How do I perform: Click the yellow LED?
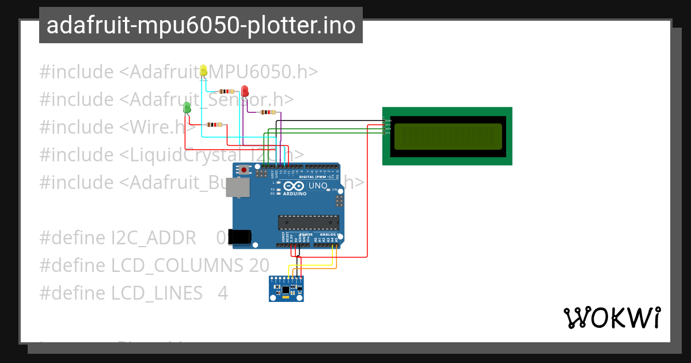pyautogui.click(x=203, y=71)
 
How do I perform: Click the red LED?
pyautogui.click(x=245, y=91)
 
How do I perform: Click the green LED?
pyautogui.click(x=187, y=107)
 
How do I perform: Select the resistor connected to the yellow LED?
pyautogui.click(x=227, y=91)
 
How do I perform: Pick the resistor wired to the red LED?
pyautogui.click(x=268, y=112)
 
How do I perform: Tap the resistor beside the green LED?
pyautogui.click(x=214, y=124)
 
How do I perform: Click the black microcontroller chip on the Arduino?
pyautogui.click(x=308, y=222)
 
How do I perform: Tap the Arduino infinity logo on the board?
pyautogui.click(x=292, y=187)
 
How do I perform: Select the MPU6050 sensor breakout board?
pyautogui.click(x=286, y=288)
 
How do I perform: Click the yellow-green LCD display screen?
pyautogui.click(x=447, y=136)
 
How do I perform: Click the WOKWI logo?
pyautogui.click(x=612, y=317)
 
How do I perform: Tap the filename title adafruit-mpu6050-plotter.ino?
pyautogui.click(x=200, y=25)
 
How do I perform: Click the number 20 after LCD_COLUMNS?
pyautogui.click(x=259, y=265)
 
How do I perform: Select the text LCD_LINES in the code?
pyautogui.click(x=157, y=293)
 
